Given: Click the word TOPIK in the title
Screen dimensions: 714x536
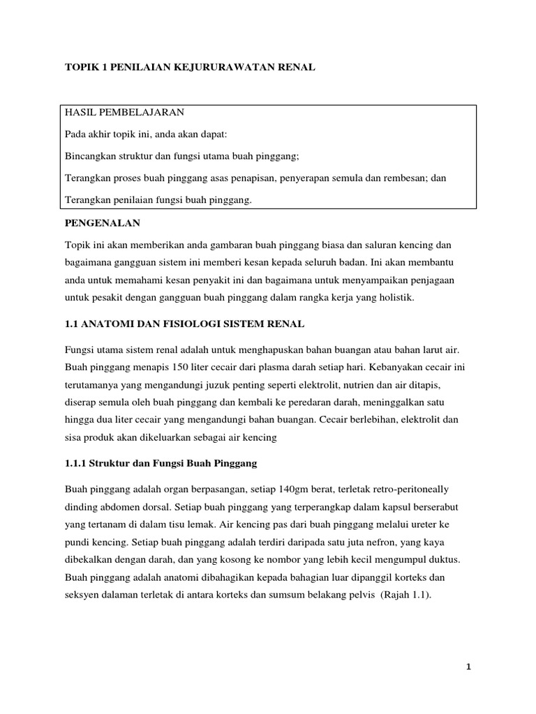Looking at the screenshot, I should tap(80, 67).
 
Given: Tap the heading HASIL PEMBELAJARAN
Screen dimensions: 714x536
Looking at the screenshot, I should tap(125, 112).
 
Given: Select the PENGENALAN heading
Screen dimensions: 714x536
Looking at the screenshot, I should tap(103, 222).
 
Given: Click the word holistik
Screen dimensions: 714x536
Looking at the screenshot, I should tap(393, 298).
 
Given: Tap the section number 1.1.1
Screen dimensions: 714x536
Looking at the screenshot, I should tap(77, 463).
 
